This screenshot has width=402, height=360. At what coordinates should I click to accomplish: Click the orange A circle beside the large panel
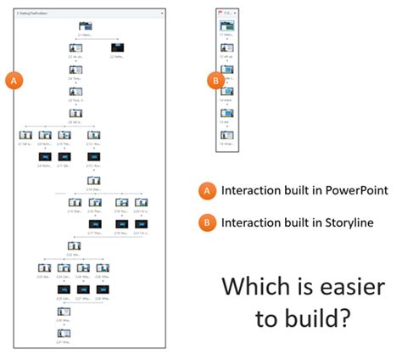tap(14, 80)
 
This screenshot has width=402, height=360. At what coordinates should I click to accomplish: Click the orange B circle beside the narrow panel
tap(215, 81)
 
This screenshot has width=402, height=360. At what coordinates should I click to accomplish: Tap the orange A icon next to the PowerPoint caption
tap(205, 190)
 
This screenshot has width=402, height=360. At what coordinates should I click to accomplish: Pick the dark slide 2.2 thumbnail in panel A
tap(117, 48)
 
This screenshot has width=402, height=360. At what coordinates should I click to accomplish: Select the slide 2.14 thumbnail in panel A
tap(92, 179)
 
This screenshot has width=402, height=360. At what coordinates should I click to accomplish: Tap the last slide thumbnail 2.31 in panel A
tap(64, 332)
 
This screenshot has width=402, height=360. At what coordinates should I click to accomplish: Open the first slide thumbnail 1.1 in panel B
tap(226, 26)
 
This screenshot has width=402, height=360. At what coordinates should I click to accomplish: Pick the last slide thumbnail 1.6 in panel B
tap(226, 134)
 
